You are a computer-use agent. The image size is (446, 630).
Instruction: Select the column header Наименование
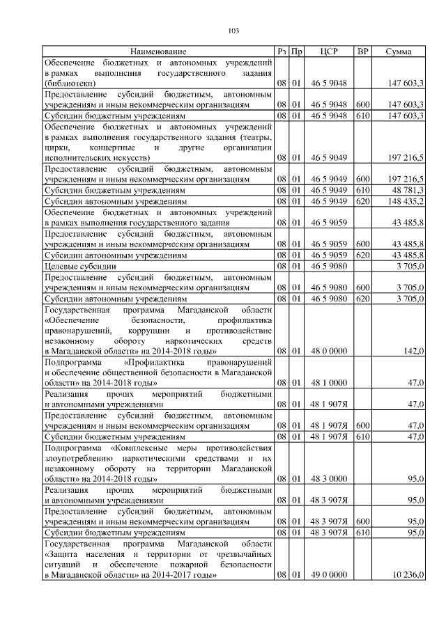point(157,52)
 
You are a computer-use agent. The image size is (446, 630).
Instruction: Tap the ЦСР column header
point(328,52)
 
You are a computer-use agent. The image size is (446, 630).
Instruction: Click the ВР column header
point(362,52)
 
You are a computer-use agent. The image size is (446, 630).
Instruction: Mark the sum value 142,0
point(415,352)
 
